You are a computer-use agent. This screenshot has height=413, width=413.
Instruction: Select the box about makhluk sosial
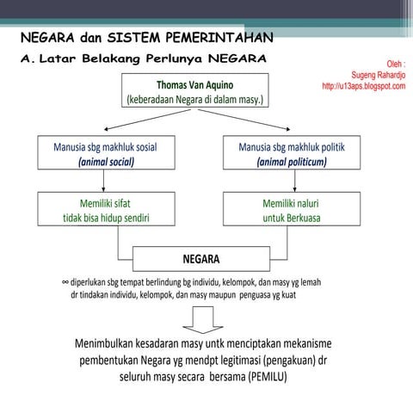(105, 153)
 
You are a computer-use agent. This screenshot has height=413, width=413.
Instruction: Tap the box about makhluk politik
(292, 153)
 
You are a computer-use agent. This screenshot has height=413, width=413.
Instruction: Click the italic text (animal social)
(105, 161)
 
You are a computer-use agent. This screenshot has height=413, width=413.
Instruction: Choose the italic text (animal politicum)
(292, 161)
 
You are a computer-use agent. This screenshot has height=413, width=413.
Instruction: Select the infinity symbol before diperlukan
(65, 281)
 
